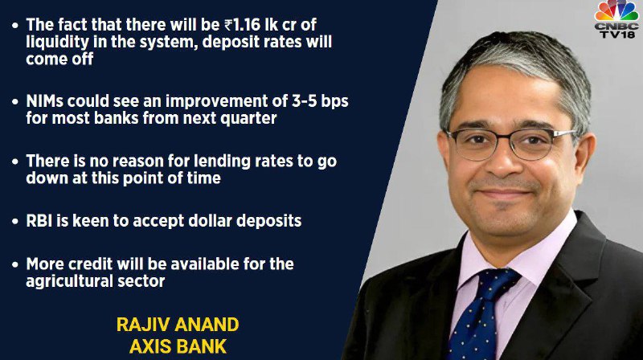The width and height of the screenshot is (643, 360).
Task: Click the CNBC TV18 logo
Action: click(x=616, y=19)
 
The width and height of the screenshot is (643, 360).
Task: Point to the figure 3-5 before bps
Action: click(x=305, y=101)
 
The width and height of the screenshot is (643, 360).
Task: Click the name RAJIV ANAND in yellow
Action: click(x=178, y=325)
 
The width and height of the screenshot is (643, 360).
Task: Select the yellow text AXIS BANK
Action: click(x=178, y=347)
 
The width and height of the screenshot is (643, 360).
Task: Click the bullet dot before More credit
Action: click(x=15, y=265)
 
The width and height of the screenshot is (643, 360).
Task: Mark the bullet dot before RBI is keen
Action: click(x=15, y=222)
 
